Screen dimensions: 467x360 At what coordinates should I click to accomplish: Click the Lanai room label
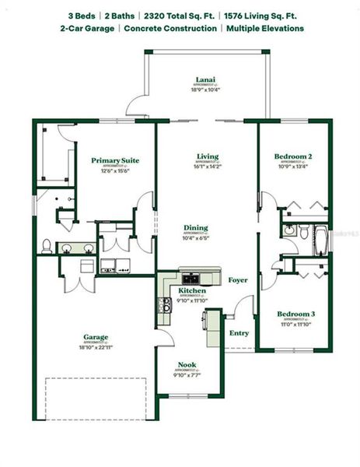(x=205, y=79)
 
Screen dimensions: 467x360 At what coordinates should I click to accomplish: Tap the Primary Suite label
(x=115, y=160)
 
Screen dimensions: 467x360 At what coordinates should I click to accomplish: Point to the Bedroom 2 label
(x=293, y=156)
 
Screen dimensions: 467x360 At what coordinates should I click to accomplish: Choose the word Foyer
(x=236, y=280)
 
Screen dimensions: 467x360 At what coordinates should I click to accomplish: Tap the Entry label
(x=239, y=333)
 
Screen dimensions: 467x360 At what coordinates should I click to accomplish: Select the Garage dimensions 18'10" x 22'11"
(x=96, y=346)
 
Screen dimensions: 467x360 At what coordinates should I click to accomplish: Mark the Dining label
(x=196, y=228)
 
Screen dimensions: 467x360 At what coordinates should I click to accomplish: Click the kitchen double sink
(x=190, y=277)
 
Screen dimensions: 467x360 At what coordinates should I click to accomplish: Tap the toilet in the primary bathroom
(x=47, y=247)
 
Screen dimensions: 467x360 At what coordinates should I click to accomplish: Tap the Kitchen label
(x=191, y=290)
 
